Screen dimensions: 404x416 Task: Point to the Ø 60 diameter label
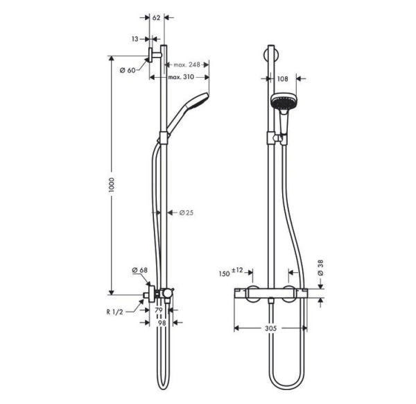[x=128, y=70]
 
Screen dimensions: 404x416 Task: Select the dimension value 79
[x=158, y=311]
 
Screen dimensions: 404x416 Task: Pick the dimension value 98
[x=161, y=324]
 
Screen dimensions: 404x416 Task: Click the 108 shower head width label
[x=282, y=79]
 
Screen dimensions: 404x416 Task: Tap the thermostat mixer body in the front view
[x=274, y=294]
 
